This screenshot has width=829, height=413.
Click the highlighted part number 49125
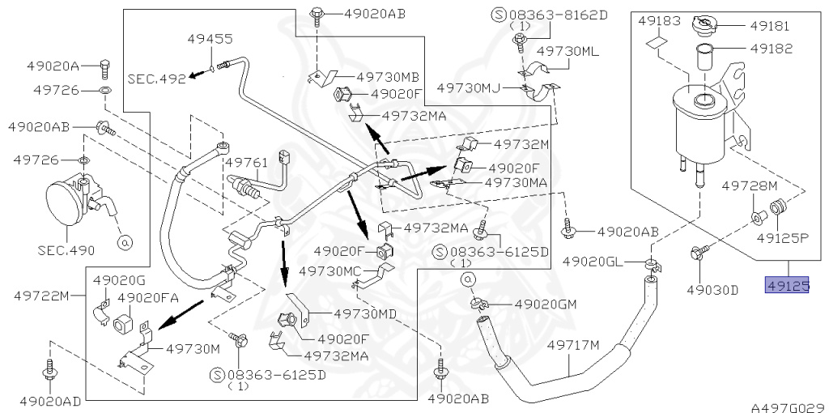click(x=788, y=285)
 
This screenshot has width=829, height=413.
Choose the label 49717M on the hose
click(x=573, y=346)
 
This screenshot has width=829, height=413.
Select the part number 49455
click(x=210, y=38)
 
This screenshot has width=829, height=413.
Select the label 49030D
click(x=712, y=289)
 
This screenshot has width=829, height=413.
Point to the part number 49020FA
click(x=148, y=297)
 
